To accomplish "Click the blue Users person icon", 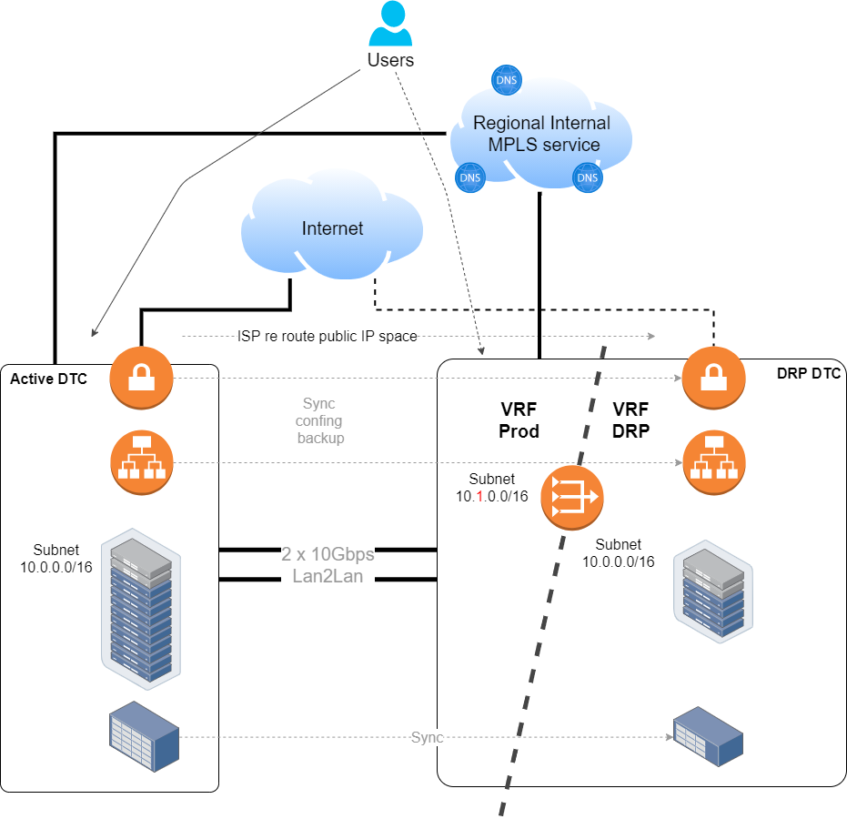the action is tap(390, 24).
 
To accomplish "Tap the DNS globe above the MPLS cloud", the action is tap(506, 80).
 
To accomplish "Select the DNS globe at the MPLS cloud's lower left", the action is tap(470, 177).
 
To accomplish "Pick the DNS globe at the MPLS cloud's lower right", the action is tap(587, 177).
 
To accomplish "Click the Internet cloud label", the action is tap(332, 228).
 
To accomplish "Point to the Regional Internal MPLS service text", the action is tap(542, 134).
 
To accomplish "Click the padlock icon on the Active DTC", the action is tap(142, 378).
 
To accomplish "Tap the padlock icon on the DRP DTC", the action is tap(713, 378).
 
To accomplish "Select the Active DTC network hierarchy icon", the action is tap(142, 462).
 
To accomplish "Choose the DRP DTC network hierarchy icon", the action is tap(714, 462).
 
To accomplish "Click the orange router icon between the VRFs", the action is tap(572, 497).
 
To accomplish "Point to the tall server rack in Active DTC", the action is tap(141, 609).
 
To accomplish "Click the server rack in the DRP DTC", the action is tap(713, 591).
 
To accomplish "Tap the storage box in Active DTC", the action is tap(145, 736).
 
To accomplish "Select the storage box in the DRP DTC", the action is tap(708, 737).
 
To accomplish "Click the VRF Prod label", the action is tap(519, 420).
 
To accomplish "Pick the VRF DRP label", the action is tap(631, 420).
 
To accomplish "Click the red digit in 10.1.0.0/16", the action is tap(479, 497).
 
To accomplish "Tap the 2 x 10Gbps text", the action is tap(328, 554).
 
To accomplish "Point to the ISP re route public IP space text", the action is tap(328, 336).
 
